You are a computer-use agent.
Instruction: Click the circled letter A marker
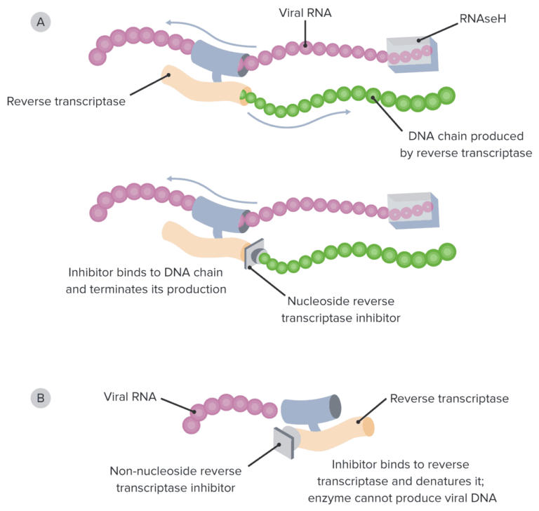(x=41, y=22)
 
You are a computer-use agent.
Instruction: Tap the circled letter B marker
(x=41, y=398)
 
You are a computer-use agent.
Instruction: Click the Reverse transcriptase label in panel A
(x=66, y=101)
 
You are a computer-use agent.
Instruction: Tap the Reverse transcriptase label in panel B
(x=449, y=399)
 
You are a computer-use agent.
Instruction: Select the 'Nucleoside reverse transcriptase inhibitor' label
(x=341, y=309)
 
